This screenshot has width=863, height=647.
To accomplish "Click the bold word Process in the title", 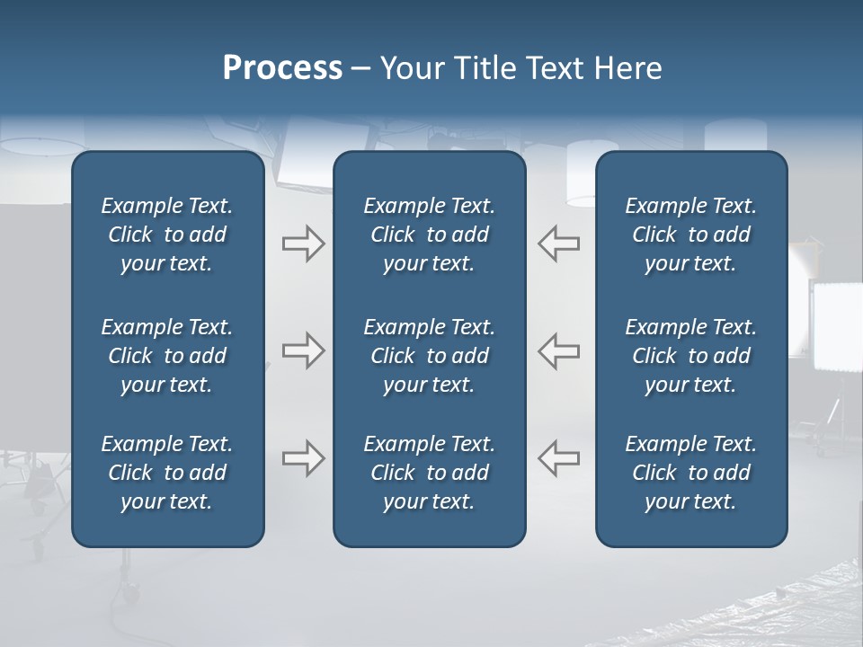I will point(282,68).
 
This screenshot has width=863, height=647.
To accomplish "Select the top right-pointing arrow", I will point(303,244).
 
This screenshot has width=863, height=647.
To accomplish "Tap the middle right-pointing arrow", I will point(303,350).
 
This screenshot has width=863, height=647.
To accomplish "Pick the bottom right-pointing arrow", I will point(303,458).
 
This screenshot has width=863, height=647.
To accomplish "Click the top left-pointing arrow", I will point(559,244).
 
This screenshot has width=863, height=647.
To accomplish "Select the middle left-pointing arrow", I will point(559,350).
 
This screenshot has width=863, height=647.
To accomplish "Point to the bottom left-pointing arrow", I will point(559,458).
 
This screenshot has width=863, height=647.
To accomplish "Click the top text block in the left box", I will point(167,235).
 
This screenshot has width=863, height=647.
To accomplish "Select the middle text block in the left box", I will point(167,356).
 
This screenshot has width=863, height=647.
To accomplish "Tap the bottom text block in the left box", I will point(167,473).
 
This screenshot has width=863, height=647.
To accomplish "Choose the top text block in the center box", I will point(429,235).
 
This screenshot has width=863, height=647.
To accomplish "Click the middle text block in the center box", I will point(429,356).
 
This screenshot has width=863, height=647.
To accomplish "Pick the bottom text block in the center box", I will point(429,473).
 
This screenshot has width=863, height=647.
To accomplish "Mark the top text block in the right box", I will point(690,235).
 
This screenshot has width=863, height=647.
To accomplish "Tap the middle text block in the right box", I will point(690,356).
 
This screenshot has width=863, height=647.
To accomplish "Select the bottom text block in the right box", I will point(690,473).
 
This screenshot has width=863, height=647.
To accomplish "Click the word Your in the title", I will point(410,68).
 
